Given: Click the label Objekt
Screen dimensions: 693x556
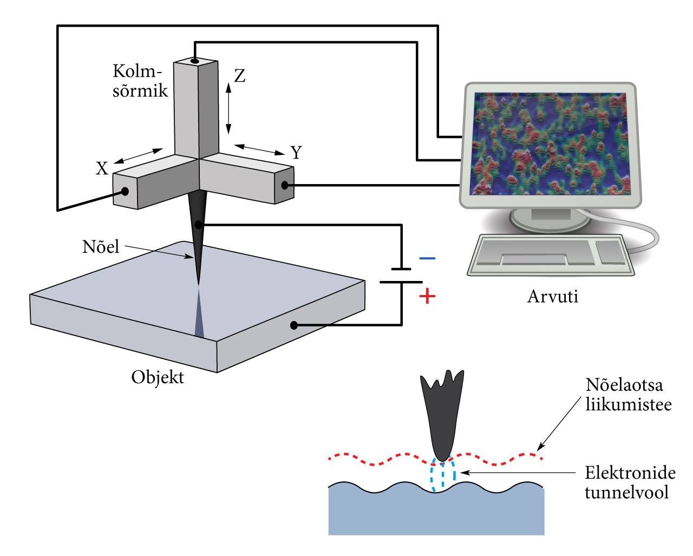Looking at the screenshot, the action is click(158, 377).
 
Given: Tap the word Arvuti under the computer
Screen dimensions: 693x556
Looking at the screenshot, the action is click(553, 296).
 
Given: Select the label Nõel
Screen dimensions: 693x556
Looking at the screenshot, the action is click(101, 247).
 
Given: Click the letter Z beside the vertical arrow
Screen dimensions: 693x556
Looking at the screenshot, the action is click(240, 76).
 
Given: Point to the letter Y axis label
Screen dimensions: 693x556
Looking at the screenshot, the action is click(296, 152).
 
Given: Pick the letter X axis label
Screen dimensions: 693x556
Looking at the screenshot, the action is click(102, 168).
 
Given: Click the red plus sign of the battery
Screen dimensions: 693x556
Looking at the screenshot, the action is click(427, 296).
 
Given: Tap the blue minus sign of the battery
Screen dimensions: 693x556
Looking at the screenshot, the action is click(427, 258).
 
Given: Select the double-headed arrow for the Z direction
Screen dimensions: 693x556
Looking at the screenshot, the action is click(228, 108).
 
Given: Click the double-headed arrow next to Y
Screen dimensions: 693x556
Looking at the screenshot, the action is click(259, 150).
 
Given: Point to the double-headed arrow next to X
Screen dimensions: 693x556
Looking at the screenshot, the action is click(139, 156).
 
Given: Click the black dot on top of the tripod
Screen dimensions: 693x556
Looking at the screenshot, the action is click(194, 61).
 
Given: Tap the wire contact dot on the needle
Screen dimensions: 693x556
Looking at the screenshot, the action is click(199, 225).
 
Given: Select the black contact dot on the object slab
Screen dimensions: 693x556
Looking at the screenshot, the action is click(293, 325).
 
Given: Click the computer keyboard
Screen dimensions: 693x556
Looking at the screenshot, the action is click(551, 255).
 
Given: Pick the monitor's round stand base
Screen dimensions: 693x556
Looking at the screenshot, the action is click(550, 219).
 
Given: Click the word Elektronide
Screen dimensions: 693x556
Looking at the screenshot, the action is click(630, 473).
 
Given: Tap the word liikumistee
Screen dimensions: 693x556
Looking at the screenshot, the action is click(629, 405).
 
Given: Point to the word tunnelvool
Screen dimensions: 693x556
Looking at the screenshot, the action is click(626, 493).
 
